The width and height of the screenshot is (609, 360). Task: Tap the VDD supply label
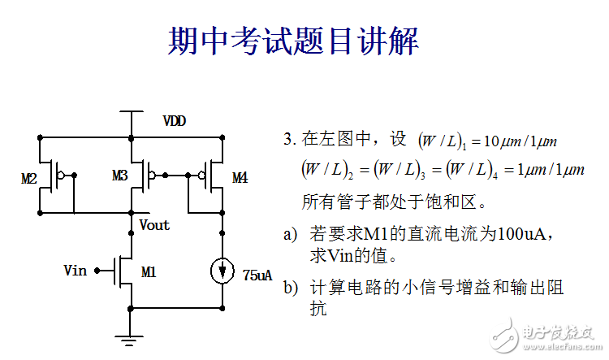point(174,121)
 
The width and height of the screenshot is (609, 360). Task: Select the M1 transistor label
point(149,272)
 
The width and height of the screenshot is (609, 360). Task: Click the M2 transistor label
point(29,178)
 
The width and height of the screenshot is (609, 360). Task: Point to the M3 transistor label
point(120,176)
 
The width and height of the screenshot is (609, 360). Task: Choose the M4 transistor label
point(240,177)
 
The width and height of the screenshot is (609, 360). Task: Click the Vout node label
point(154,225)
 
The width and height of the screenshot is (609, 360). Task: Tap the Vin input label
point(75,270)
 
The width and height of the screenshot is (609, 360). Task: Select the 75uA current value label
point(257,275)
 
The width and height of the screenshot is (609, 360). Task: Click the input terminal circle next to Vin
point(95,270)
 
